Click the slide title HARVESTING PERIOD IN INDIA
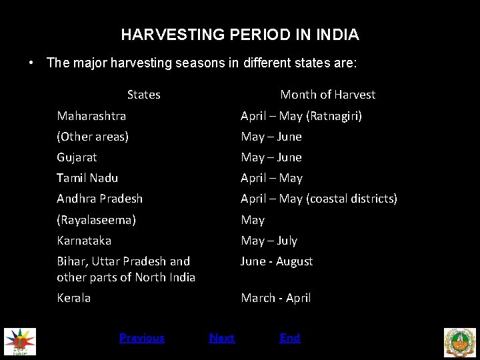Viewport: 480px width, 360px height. [240, 34]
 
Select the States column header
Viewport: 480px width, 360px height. [143, 95]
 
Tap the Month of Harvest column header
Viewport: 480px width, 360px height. [327, 95]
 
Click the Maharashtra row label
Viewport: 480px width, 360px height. [91, 116]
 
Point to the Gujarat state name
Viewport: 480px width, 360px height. [77, 157]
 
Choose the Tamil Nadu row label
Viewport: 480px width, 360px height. [87, 178]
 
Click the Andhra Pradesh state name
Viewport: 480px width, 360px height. [99, 199]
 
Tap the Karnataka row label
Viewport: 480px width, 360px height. [84, 240]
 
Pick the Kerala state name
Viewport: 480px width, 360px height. [73, 298]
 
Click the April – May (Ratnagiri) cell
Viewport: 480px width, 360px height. [301, 116]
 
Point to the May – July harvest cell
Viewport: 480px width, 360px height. [269, 240]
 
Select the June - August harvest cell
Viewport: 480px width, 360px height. [277, 261]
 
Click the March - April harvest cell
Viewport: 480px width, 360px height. [275, 298]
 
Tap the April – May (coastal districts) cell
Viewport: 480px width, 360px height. [319, 199]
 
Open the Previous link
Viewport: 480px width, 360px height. [141, 338]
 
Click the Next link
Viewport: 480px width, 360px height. [222, 338]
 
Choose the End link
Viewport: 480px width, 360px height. [290, 338]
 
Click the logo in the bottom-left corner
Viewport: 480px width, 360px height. [20, 341]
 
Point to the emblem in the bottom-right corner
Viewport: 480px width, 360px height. [460, 342]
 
